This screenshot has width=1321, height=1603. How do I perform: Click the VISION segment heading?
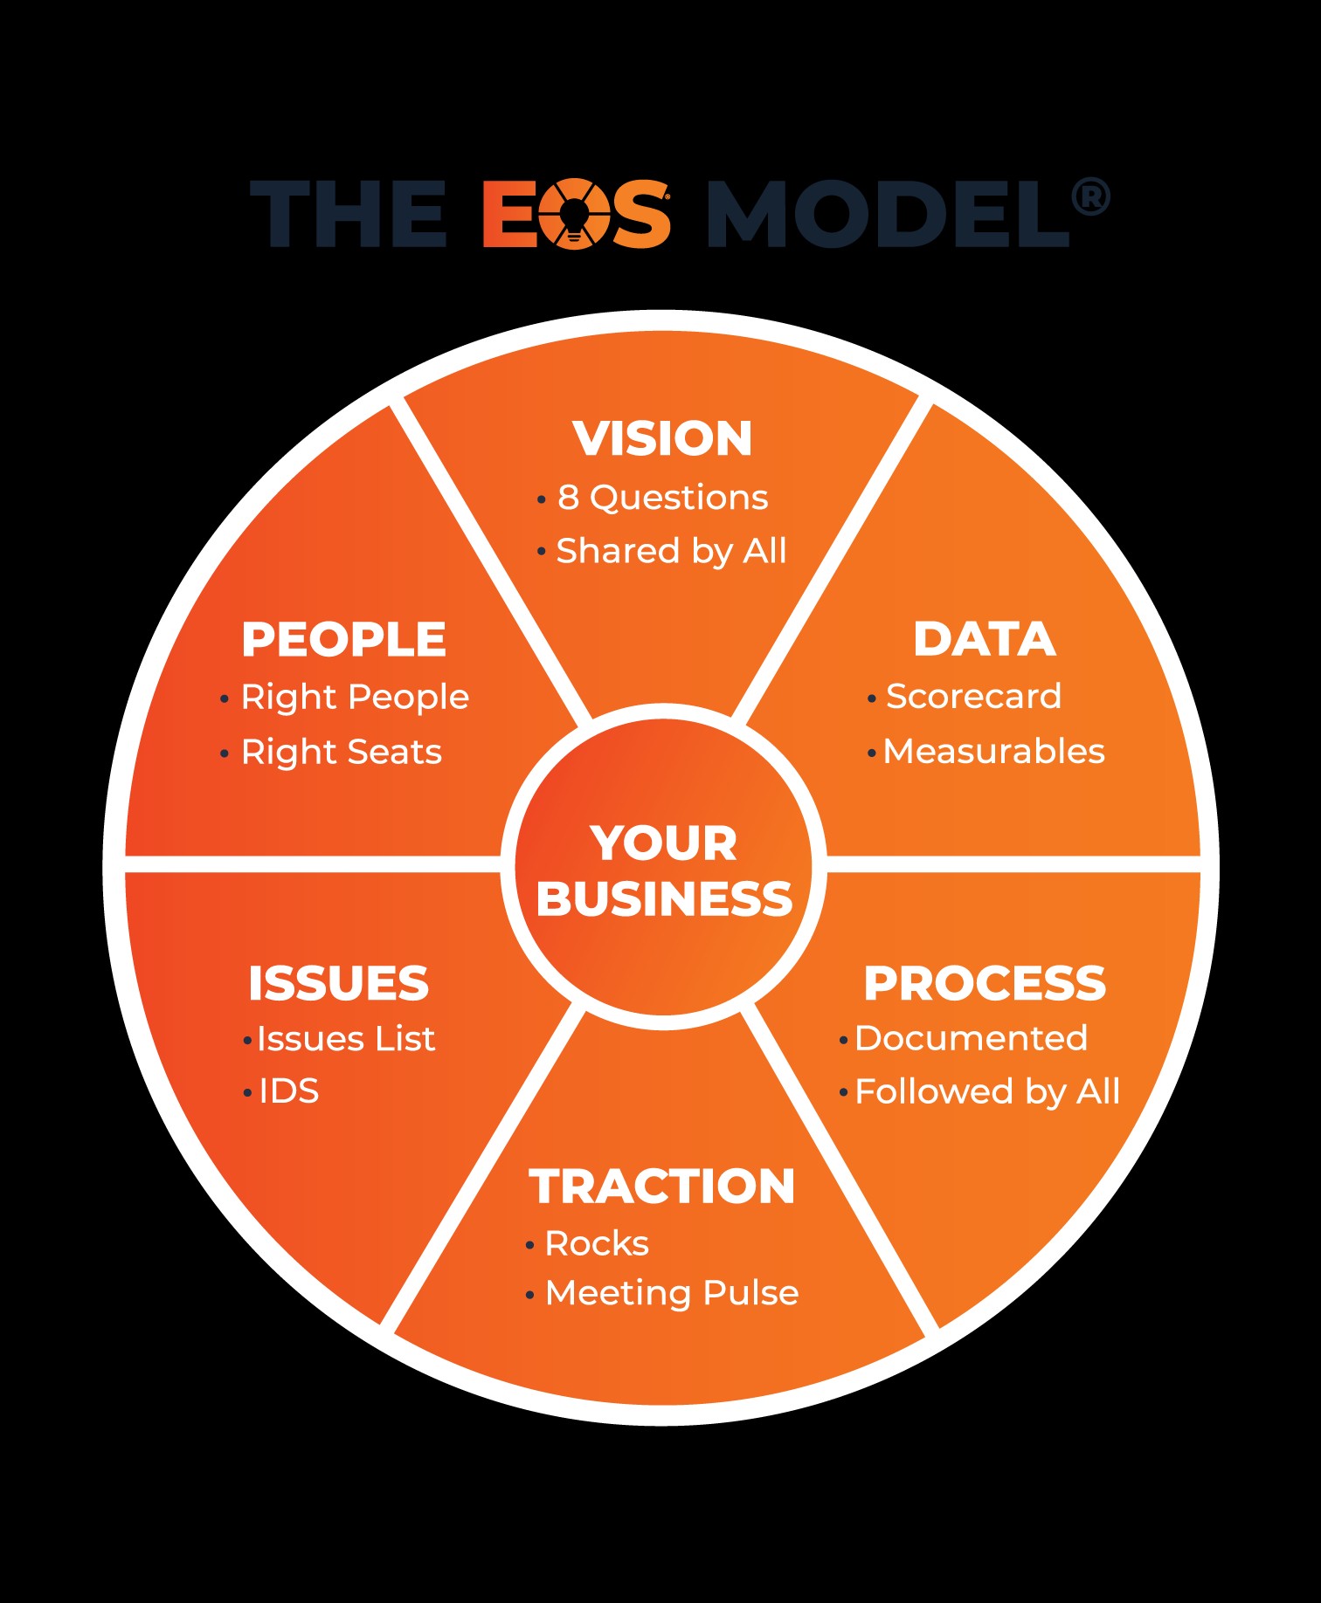662,438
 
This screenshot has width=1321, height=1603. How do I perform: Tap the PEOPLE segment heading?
343,639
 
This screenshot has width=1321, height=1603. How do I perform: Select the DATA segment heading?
985,639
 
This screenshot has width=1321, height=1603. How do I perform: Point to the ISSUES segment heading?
338,983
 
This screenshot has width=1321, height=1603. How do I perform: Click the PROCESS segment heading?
985,983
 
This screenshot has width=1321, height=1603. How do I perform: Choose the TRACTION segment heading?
661,1187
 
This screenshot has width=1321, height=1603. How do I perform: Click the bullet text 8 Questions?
663,498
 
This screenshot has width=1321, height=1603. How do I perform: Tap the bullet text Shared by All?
671,552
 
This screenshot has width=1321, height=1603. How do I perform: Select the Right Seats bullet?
342,752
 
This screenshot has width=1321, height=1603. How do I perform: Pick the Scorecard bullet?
973,697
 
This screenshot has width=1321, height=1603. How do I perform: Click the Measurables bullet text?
993,752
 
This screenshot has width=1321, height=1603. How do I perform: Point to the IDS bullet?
289,1091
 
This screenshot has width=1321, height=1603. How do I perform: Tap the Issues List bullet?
346,1039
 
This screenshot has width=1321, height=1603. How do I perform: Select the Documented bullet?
971,1038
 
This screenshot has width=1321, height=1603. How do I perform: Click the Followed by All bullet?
986,1092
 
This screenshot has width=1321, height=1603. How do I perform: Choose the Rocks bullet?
597,1243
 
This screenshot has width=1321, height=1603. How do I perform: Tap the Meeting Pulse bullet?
671,1293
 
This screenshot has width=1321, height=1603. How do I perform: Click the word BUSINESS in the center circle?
664,899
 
